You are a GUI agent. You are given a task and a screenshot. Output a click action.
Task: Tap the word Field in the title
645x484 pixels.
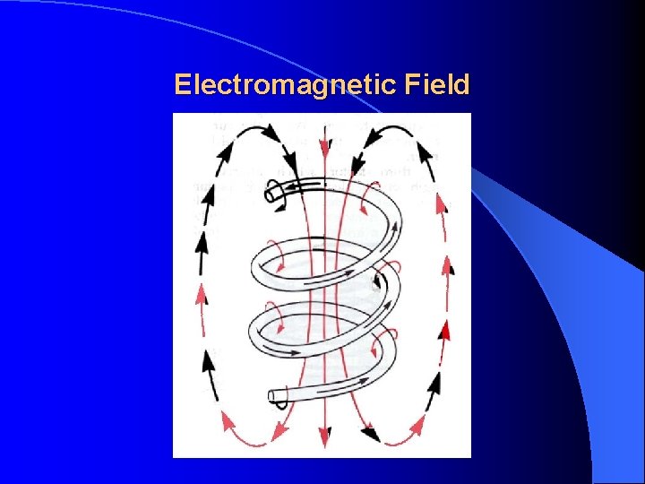point(437,85)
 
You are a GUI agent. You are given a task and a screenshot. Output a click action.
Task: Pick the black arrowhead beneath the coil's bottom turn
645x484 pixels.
point(369,433)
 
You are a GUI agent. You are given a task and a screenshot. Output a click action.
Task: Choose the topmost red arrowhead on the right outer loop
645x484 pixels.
point(441,204)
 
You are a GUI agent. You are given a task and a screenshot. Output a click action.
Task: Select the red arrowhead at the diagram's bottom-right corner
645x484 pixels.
point(416,422)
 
